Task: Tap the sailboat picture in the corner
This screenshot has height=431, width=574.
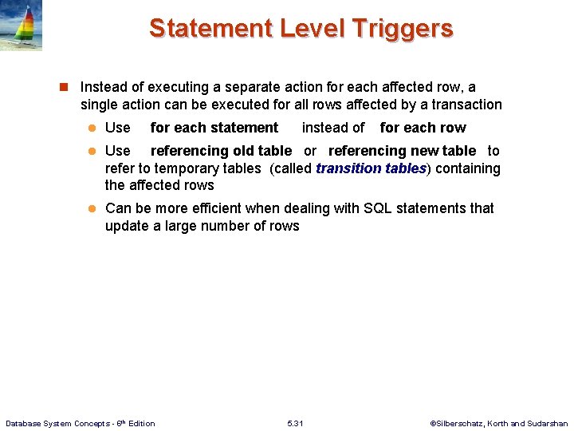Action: [21, 26]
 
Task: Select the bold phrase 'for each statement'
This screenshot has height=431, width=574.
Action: [214, 128]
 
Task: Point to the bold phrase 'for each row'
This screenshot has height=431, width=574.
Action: [423, 128]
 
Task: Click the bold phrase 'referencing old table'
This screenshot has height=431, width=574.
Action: [221, 151]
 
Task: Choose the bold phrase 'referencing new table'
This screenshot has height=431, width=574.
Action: [402, 151]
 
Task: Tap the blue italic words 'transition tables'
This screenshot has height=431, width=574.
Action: [371, 168]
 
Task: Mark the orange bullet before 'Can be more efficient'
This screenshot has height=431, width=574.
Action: [91, 209]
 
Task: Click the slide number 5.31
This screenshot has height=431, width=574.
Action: [295, 423]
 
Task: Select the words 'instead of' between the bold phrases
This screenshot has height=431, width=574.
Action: [333, 128]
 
